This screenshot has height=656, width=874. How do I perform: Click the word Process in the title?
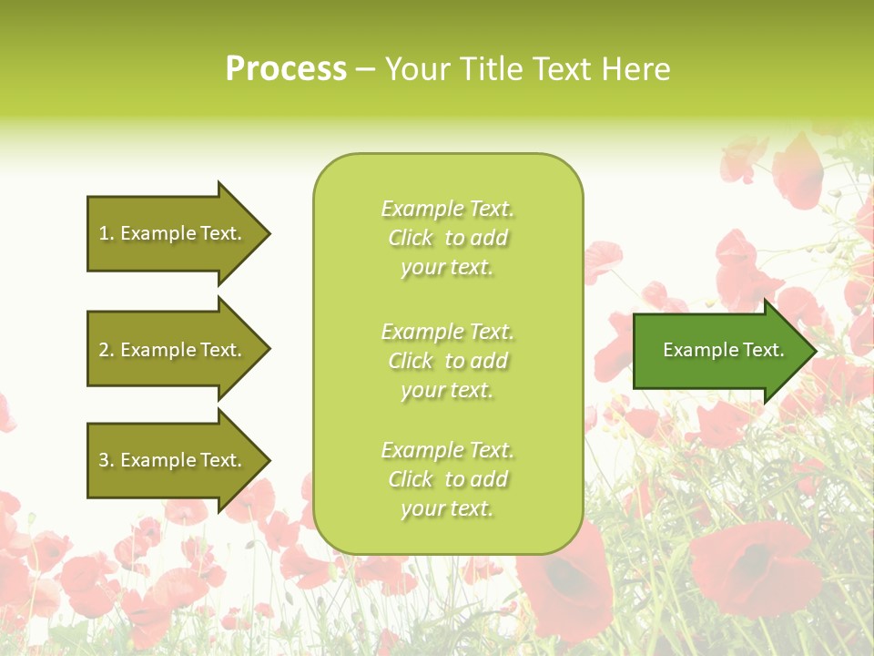(286, 69)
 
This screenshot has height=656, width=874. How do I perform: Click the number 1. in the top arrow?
(107, 233)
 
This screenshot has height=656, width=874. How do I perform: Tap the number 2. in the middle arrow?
(107, 350)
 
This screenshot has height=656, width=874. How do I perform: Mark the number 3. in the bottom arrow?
(107, 460)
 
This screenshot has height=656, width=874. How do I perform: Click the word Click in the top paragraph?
(410, 239)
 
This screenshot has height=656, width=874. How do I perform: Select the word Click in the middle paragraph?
(410, 362)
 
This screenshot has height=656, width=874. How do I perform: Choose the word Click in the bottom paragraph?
(410, 480)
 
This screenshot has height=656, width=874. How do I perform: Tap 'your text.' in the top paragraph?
(447, 268)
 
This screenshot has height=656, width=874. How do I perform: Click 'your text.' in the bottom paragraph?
(447, 509)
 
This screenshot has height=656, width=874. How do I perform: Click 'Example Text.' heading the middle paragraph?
(447, 332)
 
